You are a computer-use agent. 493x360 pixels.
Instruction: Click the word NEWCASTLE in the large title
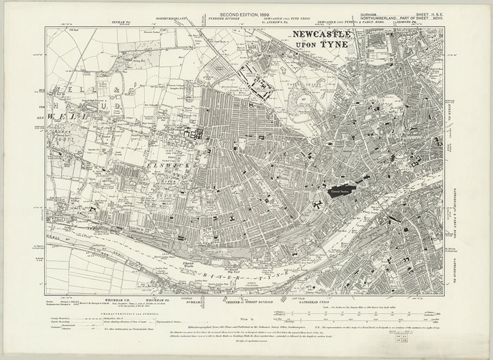(322, 34)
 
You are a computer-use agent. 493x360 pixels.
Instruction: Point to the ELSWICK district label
(166, 166)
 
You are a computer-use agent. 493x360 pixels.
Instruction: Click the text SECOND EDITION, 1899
(245, 15)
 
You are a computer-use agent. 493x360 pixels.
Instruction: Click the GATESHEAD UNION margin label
(314, 302)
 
